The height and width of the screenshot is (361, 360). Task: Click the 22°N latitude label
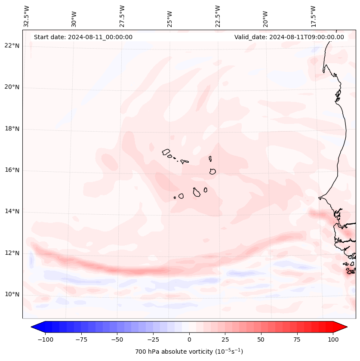[x=12, y=46]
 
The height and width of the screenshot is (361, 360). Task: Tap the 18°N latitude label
[x=12, y=129]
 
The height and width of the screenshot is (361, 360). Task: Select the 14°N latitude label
[x=12, y=212]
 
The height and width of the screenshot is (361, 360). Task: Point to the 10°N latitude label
[x=12, y=295]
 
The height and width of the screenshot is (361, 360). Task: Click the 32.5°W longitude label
[x=27, y=16]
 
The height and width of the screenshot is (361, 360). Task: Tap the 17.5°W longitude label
[x=313, y=16]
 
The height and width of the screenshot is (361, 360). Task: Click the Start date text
[x=83, y=37]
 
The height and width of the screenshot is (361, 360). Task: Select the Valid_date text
[x=289, y=37]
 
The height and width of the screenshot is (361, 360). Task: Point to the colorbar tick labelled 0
[x=189, y=339]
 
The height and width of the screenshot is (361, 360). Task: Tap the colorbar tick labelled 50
[x=261, y=339]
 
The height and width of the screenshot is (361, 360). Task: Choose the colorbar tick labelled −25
[x=153, y=339]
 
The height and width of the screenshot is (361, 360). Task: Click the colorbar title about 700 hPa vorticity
[x=189, y=352]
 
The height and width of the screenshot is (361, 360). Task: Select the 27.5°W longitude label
[x=122, y=16]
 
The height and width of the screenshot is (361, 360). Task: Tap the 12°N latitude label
[x=12, y=253]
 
